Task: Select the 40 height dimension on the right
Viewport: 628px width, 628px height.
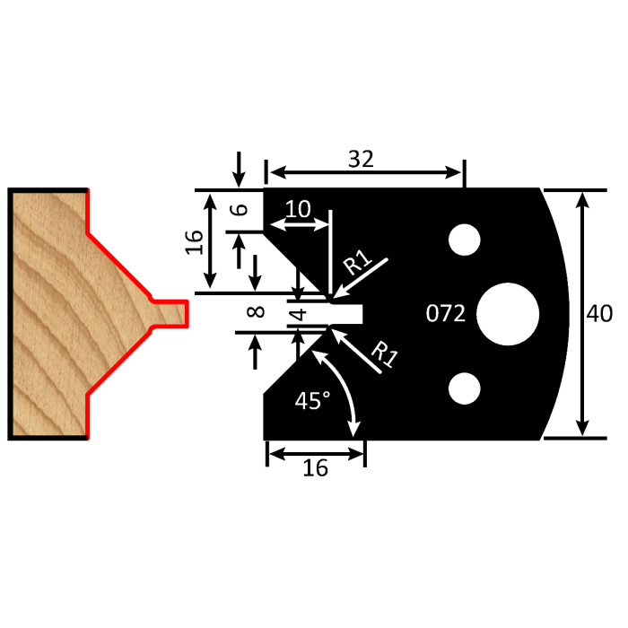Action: (x=599, y=314)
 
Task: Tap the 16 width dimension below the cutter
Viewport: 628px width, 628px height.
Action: (x=315, y=467)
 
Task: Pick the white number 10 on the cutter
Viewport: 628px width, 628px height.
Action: (x=297, y=209)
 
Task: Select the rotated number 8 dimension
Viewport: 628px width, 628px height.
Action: (x=256, y=312)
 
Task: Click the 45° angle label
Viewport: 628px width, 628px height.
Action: (x=313, y=401)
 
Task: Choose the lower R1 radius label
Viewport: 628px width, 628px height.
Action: (x=384, y=355)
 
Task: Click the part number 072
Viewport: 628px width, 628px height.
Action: (x=445, y=314)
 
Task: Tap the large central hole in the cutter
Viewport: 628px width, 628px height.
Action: (x=508, y=315)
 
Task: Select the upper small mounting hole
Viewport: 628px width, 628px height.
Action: (x=464, y=240)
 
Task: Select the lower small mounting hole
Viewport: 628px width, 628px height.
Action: (x=464, y=388)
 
